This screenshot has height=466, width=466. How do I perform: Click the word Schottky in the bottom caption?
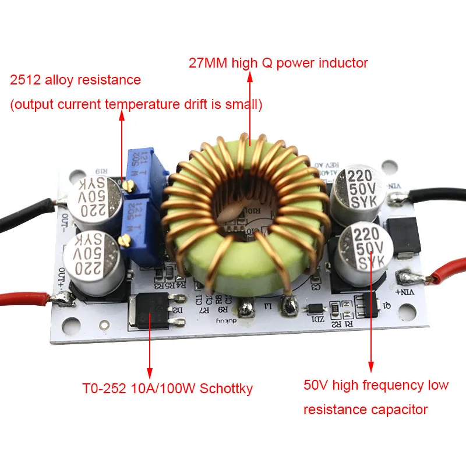tap(227, 389)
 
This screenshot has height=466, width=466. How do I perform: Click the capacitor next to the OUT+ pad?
tap(97, 262)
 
